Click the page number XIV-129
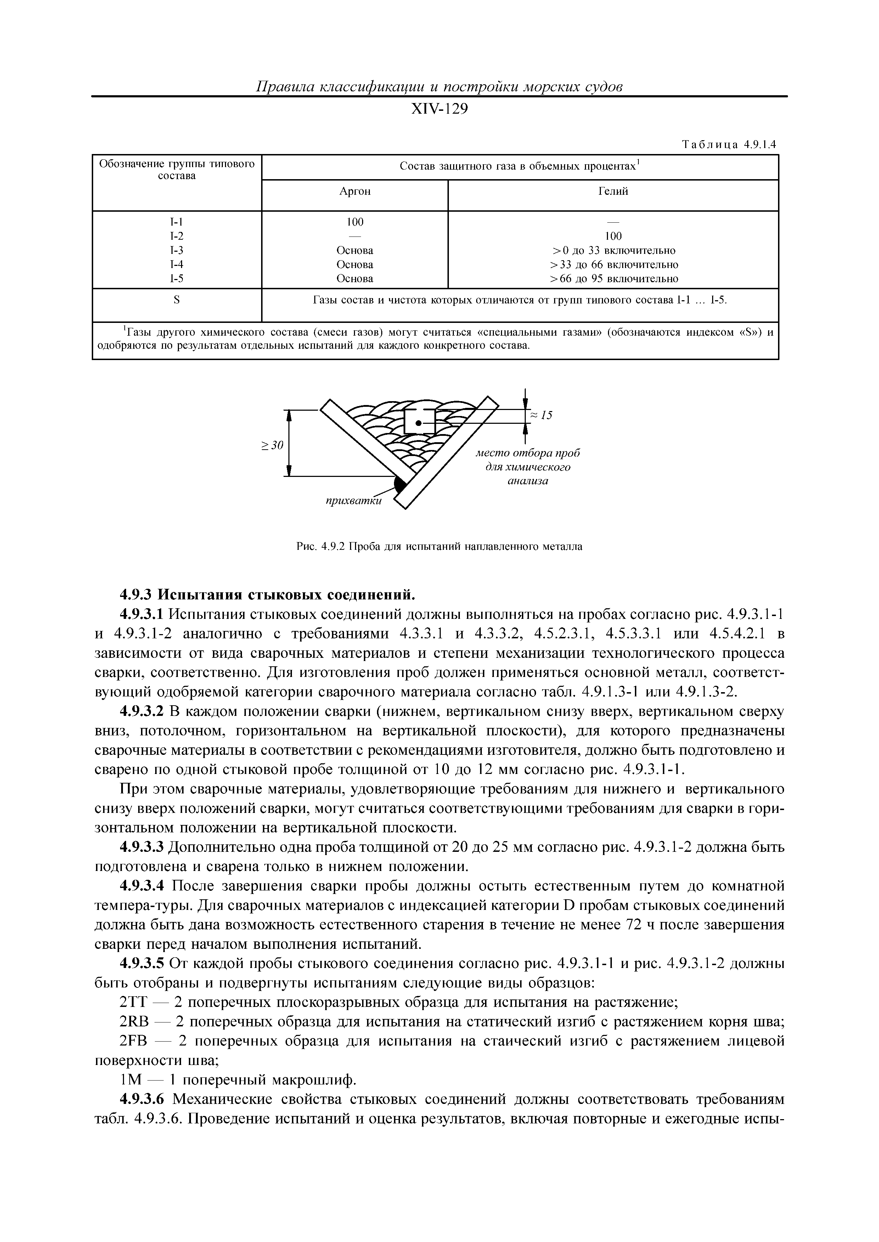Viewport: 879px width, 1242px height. [x=439, y=110]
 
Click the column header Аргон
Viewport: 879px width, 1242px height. [x=355, y=192]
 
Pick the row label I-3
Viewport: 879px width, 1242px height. [x=176, y=250]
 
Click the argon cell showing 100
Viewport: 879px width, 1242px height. [x=355, y=222]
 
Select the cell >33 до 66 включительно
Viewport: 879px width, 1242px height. [x=614, y=264]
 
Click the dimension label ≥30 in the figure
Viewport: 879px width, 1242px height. [x=272, y=445]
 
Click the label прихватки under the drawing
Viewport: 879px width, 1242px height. [x=354, y=501]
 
